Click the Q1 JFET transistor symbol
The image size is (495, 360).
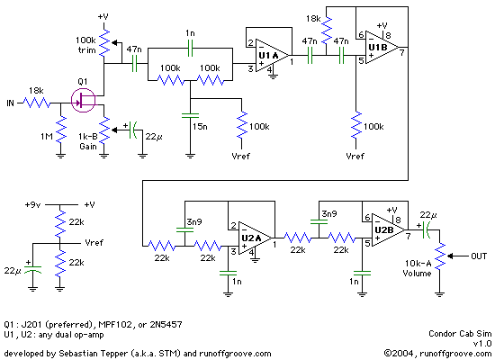83,101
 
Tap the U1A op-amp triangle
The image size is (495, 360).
271,56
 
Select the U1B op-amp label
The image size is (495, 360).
378,48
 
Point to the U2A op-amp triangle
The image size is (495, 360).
254,238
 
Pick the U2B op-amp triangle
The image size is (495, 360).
388,229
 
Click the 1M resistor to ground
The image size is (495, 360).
60,131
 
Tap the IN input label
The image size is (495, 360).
11,103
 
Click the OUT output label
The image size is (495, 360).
479,256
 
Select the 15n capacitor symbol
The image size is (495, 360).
190,115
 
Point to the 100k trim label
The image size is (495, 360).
85,45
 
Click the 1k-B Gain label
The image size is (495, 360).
88,141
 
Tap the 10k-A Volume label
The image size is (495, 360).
418,268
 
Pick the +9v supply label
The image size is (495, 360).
33,205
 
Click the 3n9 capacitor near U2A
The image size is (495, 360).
185,229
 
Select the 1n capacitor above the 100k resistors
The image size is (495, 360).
191,49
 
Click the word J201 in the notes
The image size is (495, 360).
32,325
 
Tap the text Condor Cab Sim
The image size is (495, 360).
460,334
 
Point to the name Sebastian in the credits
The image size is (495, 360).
77,354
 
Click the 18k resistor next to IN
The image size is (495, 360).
37,103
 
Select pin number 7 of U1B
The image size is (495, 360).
402,52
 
